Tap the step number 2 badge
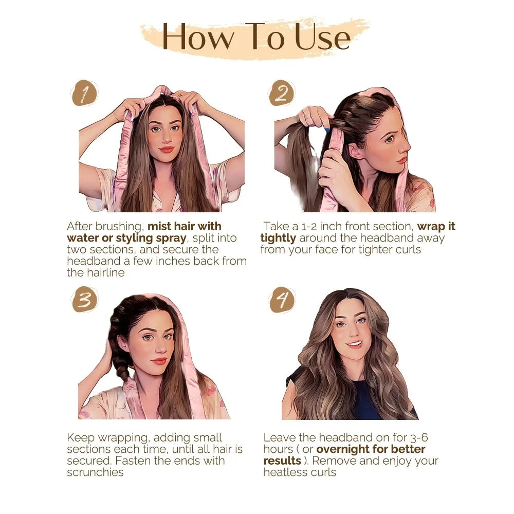click(282, 94)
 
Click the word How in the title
click(198, 37)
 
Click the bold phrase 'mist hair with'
click(185, 226)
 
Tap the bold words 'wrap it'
click(436, 226)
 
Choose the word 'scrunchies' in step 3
click(95, 472)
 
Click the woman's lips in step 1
click(166, 150)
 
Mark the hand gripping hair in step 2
click(314, 117)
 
